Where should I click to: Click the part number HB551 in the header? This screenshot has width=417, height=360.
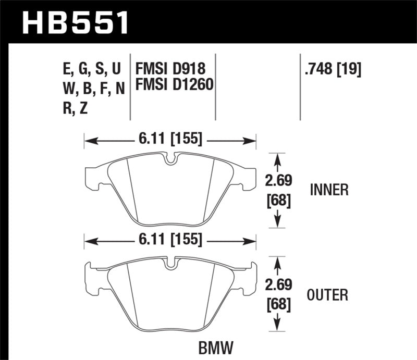pyautogui.click(x=75, y=22)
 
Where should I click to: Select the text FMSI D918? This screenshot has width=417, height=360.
pyautogui.click(x=170, y=68)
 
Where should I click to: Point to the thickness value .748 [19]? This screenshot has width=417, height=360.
pyautogui.click(x=332, y=68)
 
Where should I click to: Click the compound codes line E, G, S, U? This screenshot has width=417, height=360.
pyautogui.click(x=91, y=68)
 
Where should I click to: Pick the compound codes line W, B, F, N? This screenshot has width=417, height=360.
pyautogui.click(x=93, y=88)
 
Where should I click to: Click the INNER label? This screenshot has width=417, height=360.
pyautogui.click(x=328, y=190)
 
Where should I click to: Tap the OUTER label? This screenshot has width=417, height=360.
pyautogui.click(x=328, y=295)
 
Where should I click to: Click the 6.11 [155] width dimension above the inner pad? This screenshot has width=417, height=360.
pyautogui.click(x=170, y=140)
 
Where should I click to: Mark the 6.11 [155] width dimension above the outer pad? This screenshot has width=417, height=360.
pyautogui.click(x=170, y=240)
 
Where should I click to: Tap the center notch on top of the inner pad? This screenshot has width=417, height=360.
pyautogui.click(x=170, y=158)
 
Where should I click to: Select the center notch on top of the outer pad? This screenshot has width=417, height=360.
pyautogui.click(x=170, y=264)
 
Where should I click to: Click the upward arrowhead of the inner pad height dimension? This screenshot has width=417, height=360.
pyautogui.click(x=278, y=157)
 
